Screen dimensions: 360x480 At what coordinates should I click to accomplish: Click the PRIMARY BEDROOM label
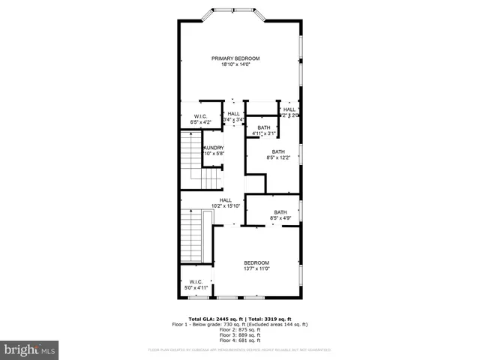point(235,58)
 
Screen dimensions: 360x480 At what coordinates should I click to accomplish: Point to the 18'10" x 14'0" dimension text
point(235,64)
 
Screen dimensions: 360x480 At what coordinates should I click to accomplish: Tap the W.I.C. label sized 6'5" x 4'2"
point(200,116)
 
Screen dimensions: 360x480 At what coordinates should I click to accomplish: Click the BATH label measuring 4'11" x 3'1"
point(264,128)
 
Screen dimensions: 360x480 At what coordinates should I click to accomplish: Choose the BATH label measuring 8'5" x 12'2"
point(278,152)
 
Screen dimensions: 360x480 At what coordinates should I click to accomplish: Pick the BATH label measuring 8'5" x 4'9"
point(280,212)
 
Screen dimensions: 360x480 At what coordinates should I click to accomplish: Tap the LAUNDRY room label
point(213,148)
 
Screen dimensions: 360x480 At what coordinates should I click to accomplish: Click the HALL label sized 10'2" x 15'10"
point(226,200)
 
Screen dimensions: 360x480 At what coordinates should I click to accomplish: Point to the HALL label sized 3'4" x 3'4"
point(234,114)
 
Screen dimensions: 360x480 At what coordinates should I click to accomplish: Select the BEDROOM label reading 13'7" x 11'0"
point(256,262)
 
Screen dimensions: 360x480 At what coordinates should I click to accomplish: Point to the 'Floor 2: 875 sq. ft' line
point(240,330)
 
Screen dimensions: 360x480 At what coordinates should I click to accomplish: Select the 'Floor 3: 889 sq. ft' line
point(240,335)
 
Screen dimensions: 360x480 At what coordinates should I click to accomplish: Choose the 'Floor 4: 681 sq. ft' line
point(240,340)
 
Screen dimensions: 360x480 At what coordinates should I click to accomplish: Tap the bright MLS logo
point(30,349)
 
